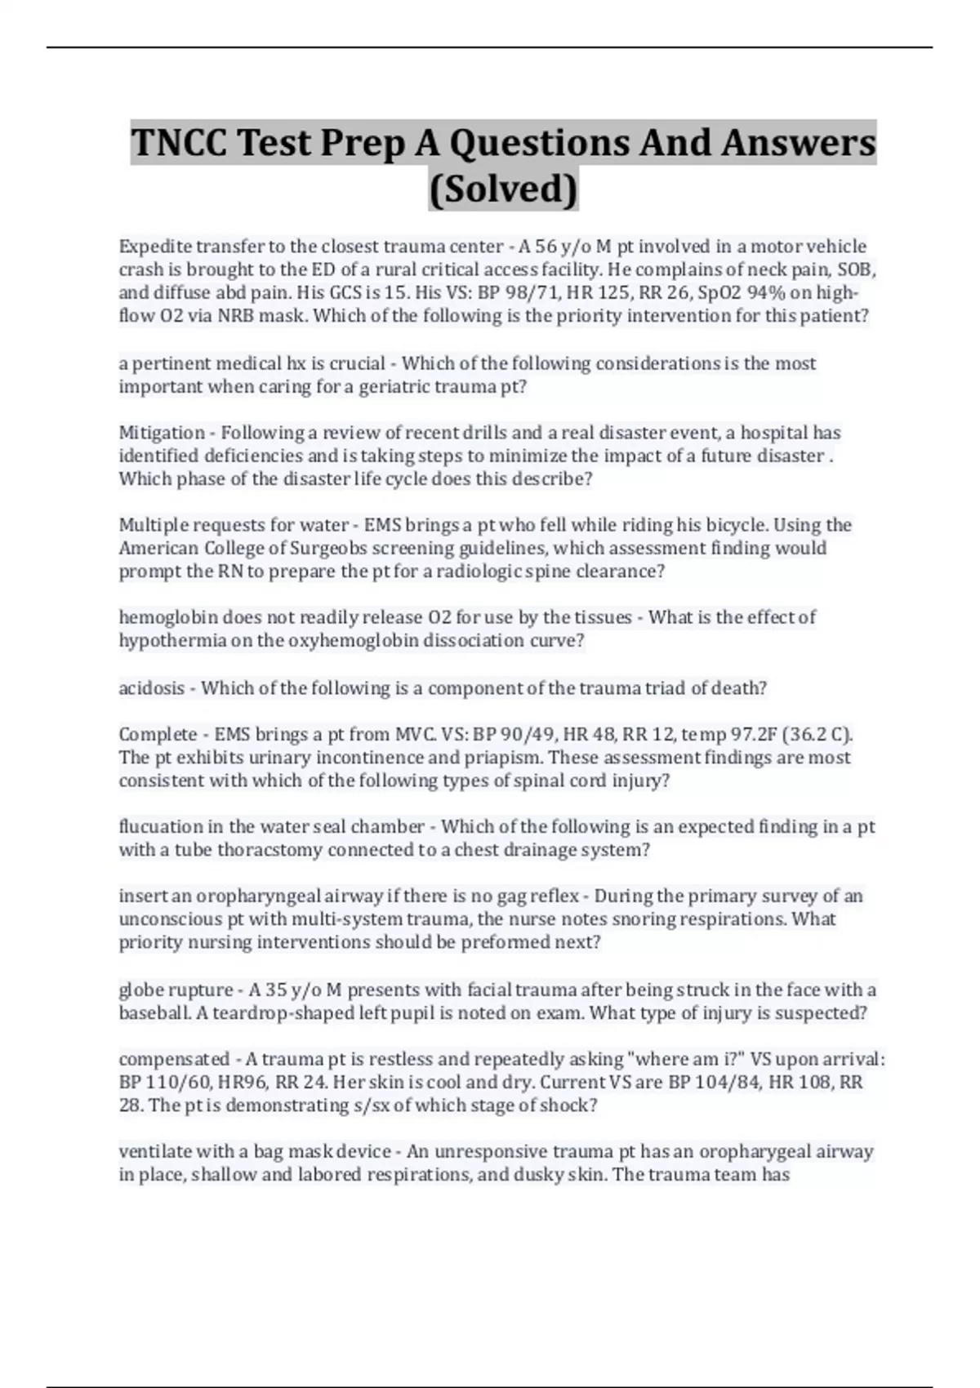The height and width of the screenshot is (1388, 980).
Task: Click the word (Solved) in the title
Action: pos(503,189)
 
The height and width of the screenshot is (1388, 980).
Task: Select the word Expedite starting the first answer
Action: pos(154,247)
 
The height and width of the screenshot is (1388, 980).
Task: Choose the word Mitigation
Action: pos(162,433)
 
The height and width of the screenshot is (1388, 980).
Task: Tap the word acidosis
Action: pos(151,688)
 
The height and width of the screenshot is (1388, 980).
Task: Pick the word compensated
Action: pos(174,1059)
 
